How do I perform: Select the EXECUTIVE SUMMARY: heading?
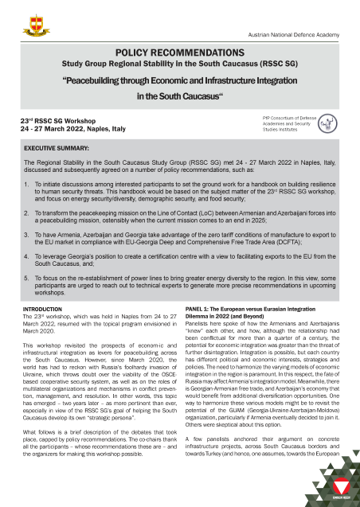[62, 149]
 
